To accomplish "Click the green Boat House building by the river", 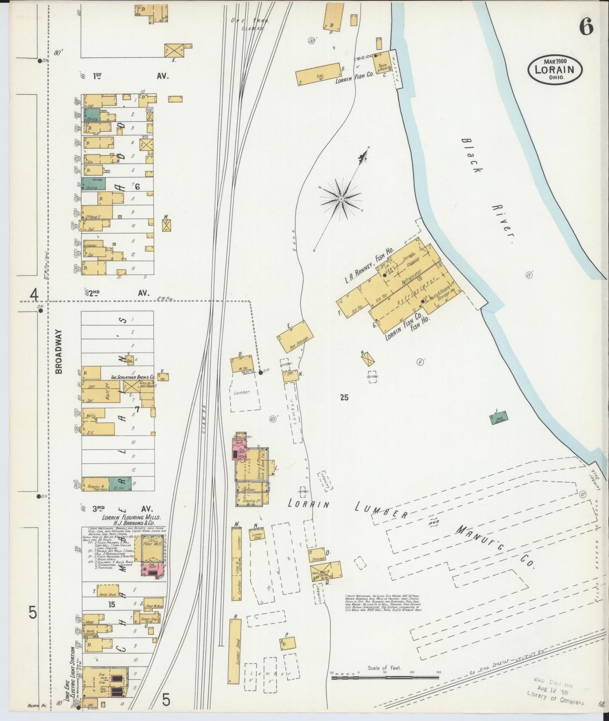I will coord(499,418).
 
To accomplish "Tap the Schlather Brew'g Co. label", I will coord(132,377).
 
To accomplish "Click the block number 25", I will coord(344,397).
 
